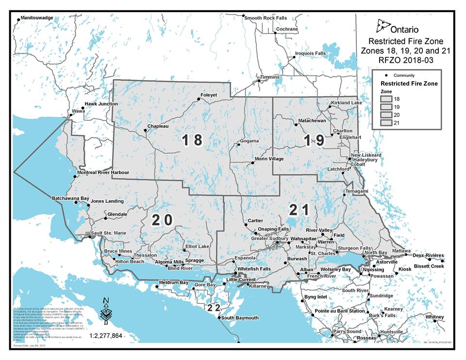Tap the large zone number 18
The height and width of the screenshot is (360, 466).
click(x=191, y=140)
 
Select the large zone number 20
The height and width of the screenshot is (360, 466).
click(x=162, y=220)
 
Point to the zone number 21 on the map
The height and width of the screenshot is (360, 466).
click(x=299, y=210)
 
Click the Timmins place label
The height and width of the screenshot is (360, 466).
click(x=270, y=77)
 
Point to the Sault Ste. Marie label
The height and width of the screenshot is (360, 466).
click(x=109, y=233)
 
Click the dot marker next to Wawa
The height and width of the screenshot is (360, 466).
click(x=71, y=116)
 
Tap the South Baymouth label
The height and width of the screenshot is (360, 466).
click(x=240, y=318)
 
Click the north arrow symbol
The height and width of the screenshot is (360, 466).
click(x=105, y=311)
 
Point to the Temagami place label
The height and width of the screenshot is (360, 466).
click(x=357, y=191)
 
